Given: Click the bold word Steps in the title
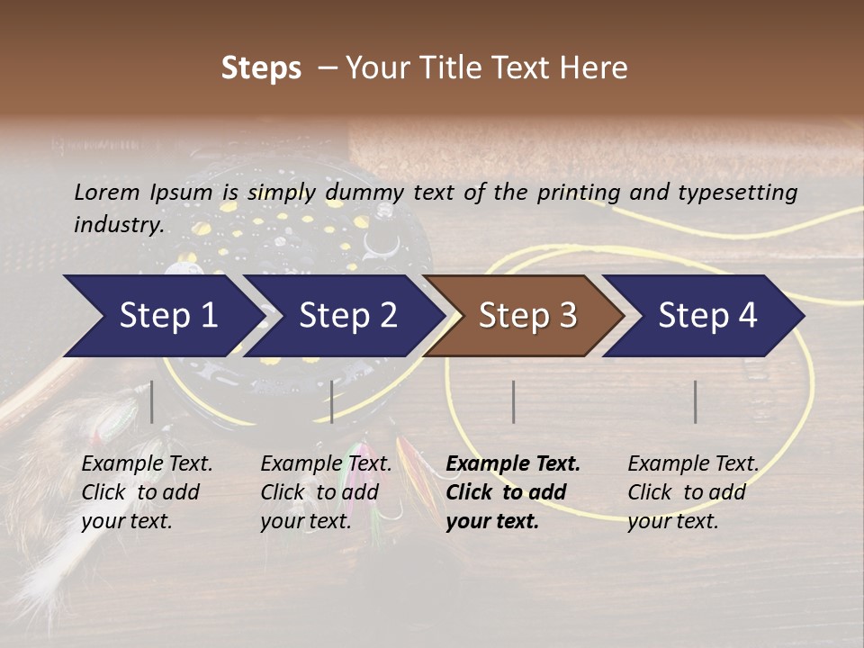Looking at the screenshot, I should pos(261,68).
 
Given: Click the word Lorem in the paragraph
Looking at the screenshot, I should pos(107,192).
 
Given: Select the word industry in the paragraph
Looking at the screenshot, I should pos(118,224).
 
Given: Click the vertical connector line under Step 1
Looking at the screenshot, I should pos(152,401).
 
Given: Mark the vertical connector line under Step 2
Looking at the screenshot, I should pos(332,401).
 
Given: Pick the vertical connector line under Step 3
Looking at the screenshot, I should pos(513,401).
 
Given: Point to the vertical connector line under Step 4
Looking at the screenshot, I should pos(695,401).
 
